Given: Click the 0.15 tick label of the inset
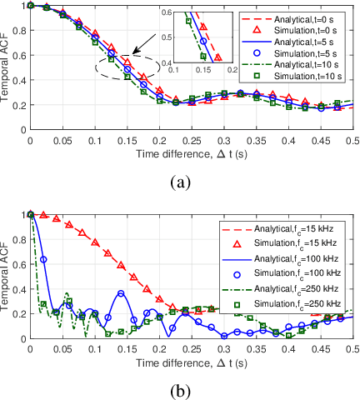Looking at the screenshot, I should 202,72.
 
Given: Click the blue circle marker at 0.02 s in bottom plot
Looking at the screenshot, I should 43,259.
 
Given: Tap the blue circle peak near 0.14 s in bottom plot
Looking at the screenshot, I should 121,293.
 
